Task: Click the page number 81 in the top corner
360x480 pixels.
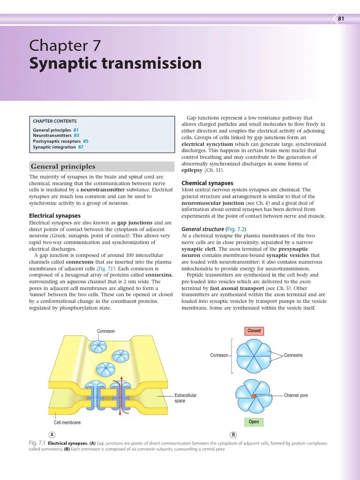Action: [341, 19]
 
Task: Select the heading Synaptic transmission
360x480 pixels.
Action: [115, 64]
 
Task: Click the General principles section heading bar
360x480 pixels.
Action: [101, 166]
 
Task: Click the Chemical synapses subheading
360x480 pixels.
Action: [207, 183]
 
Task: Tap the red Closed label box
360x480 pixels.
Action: [254, 331]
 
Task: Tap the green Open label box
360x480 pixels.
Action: [254, 422]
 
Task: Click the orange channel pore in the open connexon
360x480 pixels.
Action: [254, 397]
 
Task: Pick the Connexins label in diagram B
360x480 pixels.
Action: [293, 355]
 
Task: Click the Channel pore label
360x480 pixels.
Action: [296, 396]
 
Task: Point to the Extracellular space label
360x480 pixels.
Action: [185, 398]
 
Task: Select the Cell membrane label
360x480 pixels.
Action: [67, 423]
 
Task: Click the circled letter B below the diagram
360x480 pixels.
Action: [233, 435]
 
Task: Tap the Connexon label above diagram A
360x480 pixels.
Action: [106, 331]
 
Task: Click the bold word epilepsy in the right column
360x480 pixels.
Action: [192, 171]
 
